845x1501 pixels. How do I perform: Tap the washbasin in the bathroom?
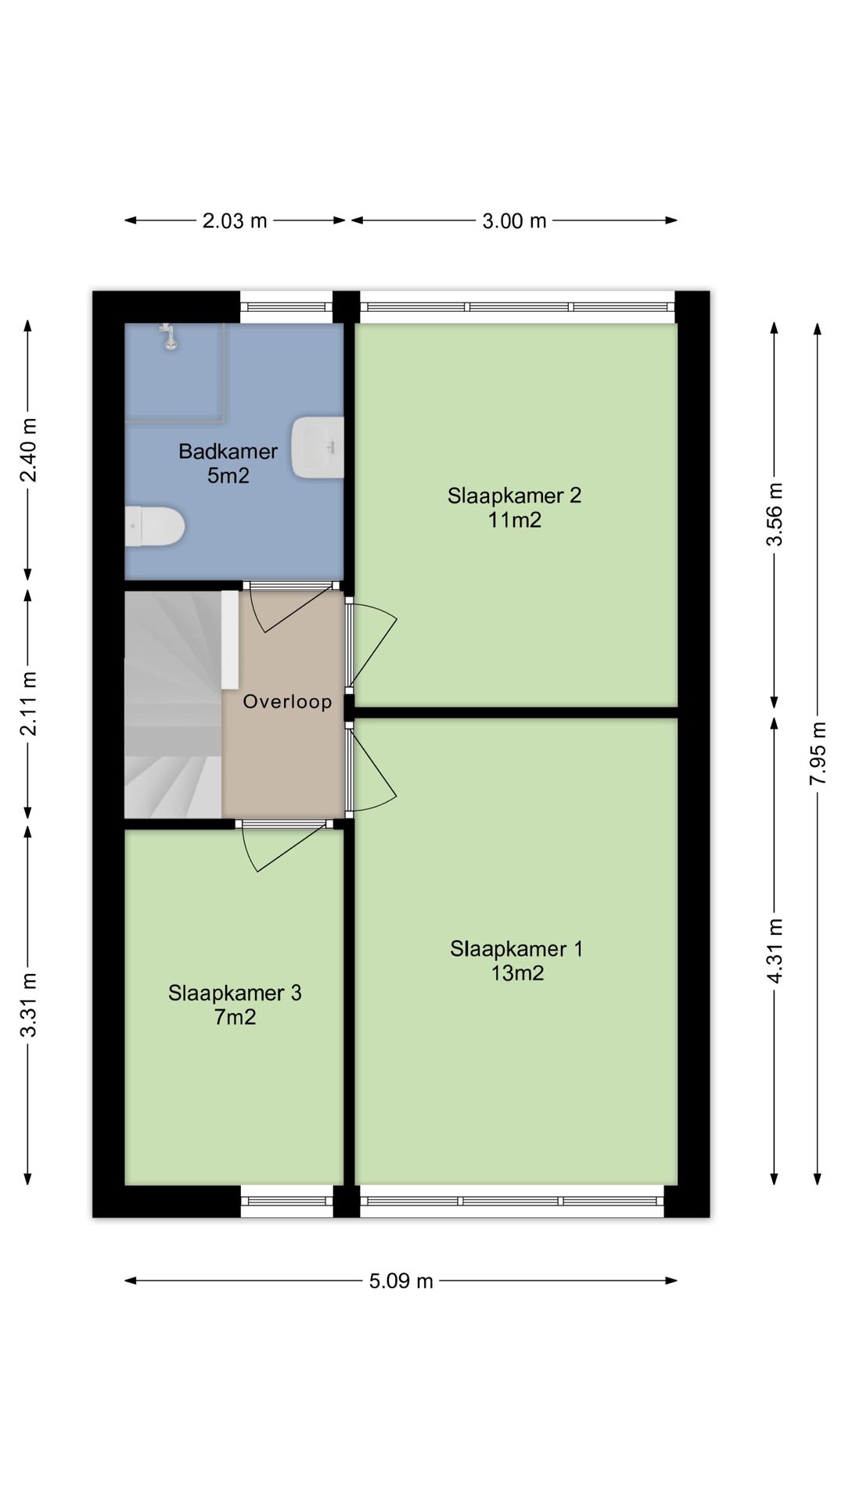coord(318,447)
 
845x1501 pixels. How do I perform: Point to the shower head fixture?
coord(168,336)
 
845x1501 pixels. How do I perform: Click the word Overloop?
coord(287,701)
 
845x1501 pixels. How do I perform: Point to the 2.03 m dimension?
coord(235,221)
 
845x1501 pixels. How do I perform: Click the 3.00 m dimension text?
coord(514,221)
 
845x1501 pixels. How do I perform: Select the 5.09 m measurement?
coord(401,1281)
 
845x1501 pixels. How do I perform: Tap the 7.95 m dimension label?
coord(818,754)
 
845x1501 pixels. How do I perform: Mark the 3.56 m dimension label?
coord(775,514)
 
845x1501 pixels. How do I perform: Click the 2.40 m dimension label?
coord(28,450)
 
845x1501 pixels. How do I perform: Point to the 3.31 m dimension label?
coord(28,1004)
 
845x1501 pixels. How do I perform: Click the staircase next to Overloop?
coord(174,704)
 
